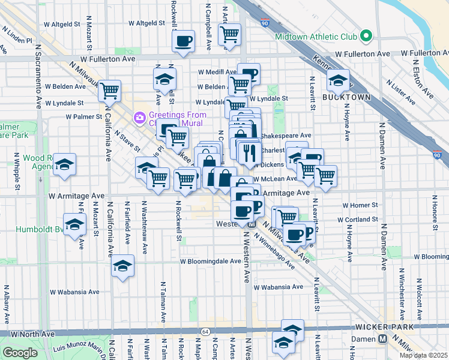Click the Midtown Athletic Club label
pos(316,36)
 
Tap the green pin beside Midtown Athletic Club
pos(366,36)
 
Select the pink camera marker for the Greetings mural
pos(139,116)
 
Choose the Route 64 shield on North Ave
pos(205,331)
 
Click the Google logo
pos(20,353)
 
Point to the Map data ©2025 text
pos(423,355)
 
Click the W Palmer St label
pos(82,116)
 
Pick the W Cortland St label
pos(358,220)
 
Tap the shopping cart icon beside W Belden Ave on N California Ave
pos(110,91)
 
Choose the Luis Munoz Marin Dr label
pos(78,347)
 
